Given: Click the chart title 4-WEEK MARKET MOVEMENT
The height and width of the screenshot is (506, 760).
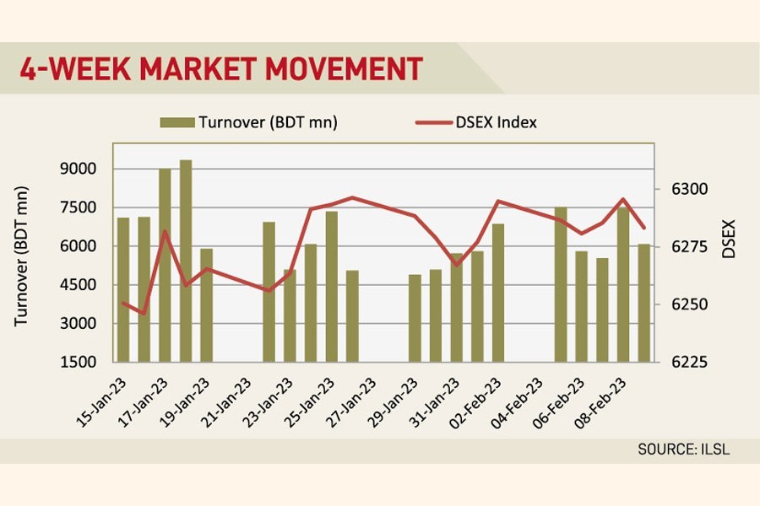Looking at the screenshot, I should [221, 68].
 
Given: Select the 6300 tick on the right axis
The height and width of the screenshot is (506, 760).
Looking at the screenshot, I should [680, 189].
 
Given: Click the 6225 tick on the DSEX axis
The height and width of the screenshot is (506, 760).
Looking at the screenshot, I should [680, 362].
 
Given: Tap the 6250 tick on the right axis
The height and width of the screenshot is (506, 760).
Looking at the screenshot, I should [680, 304].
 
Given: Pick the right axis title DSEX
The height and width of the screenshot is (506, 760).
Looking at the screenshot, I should [729, 239].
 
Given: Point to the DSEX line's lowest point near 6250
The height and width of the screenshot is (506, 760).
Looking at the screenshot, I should [144, 314].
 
